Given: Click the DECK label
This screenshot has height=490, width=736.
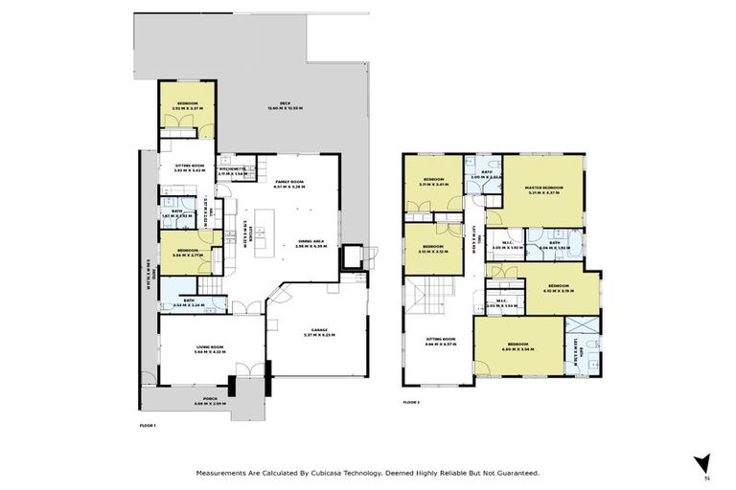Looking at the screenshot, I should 285,104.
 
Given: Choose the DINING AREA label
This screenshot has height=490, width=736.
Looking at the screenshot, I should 312,243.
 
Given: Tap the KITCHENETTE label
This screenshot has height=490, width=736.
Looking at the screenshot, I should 231,171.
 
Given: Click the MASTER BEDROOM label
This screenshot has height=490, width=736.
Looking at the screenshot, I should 543,189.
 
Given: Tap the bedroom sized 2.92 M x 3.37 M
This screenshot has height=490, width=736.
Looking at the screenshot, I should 187,104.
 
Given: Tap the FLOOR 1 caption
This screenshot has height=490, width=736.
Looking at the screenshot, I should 147,425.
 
